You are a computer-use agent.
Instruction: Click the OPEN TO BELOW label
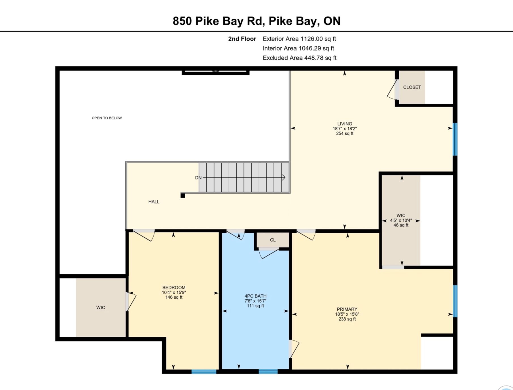click(107, 118)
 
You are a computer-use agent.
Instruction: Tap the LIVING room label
click(345, 124)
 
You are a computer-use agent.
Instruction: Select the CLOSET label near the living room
click(412, 87)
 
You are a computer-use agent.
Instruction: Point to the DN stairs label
click(198, 178)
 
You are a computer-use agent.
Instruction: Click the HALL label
click(154, 202)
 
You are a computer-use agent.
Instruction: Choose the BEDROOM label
click(174, 288)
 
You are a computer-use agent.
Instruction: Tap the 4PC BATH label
click(255, 296)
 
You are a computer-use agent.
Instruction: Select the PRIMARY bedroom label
click(347, 309)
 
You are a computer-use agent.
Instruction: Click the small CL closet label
click(273, 240)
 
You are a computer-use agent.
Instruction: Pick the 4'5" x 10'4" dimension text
click(401, 221)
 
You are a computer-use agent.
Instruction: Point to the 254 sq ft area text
click(345, 133)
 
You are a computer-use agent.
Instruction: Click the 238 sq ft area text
click(347, 319)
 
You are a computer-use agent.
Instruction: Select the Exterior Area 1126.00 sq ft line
click(299, 39)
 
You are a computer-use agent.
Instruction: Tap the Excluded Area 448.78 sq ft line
click(300, 58)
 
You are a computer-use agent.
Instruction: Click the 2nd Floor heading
click(242, 39)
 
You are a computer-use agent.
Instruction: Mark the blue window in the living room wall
click(455, 139)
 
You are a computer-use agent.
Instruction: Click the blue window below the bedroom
click(204, 372)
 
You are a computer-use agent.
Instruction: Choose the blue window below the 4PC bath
click(268, 372)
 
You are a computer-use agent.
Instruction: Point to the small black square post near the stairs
click(183, 196)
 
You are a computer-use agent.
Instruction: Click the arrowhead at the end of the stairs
click(284, 178)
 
